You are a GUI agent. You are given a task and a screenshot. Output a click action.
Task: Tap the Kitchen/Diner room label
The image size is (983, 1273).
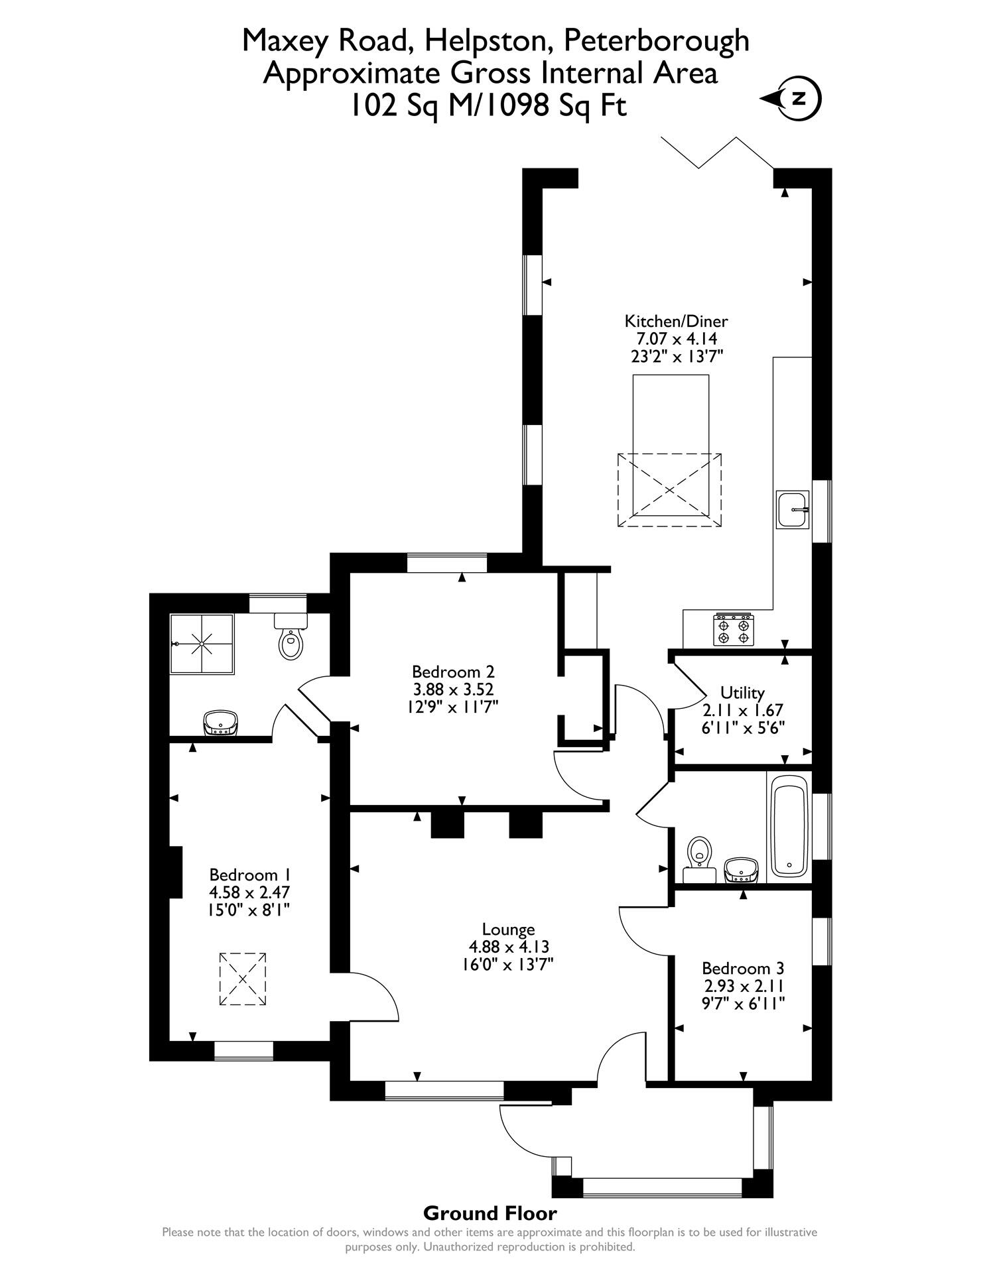676,322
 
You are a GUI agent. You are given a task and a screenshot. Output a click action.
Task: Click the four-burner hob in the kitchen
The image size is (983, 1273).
734,629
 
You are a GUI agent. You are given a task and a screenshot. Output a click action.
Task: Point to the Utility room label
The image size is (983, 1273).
742,693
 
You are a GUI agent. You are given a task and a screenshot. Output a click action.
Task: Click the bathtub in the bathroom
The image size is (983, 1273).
789,826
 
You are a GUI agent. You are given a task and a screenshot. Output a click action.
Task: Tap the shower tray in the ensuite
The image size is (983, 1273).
202,643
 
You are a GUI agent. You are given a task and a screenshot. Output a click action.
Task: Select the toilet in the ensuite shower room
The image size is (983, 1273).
291,637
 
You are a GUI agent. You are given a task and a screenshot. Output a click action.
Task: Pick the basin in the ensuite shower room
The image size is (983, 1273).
221,722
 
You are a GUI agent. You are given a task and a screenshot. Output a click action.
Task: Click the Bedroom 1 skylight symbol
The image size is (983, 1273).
242,979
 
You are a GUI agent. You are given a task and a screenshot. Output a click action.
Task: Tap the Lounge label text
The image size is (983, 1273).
508,930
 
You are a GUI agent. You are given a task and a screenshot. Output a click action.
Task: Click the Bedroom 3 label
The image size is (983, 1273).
743,968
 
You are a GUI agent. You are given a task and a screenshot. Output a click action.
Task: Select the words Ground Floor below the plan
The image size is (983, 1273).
490,1213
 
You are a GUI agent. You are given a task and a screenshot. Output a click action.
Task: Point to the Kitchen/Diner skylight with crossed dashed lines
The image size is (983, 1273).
669,489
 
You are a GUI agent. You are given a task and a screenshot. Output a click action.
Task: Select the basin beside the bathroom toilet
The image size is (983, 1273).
742,871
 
